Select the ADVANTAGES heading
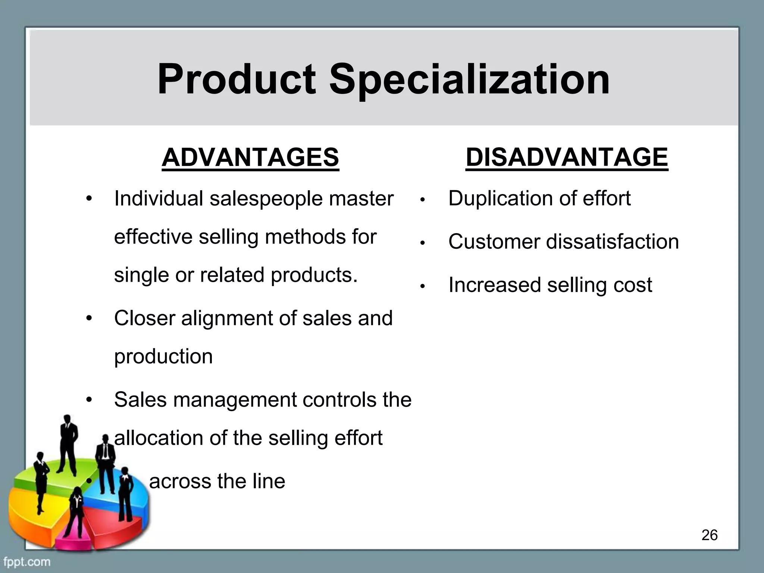[x=250, y=157]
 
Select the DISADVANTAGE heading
[x=567, y=157]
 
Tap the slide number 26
[x=709, y=535]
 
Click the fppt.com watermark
[x=27, y=561]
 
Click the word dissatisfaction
[x=613, y=242]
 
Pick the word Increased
[x=494, y=285]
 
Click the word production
[x=163, y=357]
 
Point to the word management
[x=235, y=400]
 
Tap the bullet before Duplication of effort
[x=422, y=200]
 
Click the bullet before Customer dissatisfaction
[x=422, y=243]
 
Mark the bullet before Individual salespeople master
[x=88, y=198]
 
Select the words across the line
[x=217, y=481]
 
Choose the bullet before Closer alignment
[x=88, y=319]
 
